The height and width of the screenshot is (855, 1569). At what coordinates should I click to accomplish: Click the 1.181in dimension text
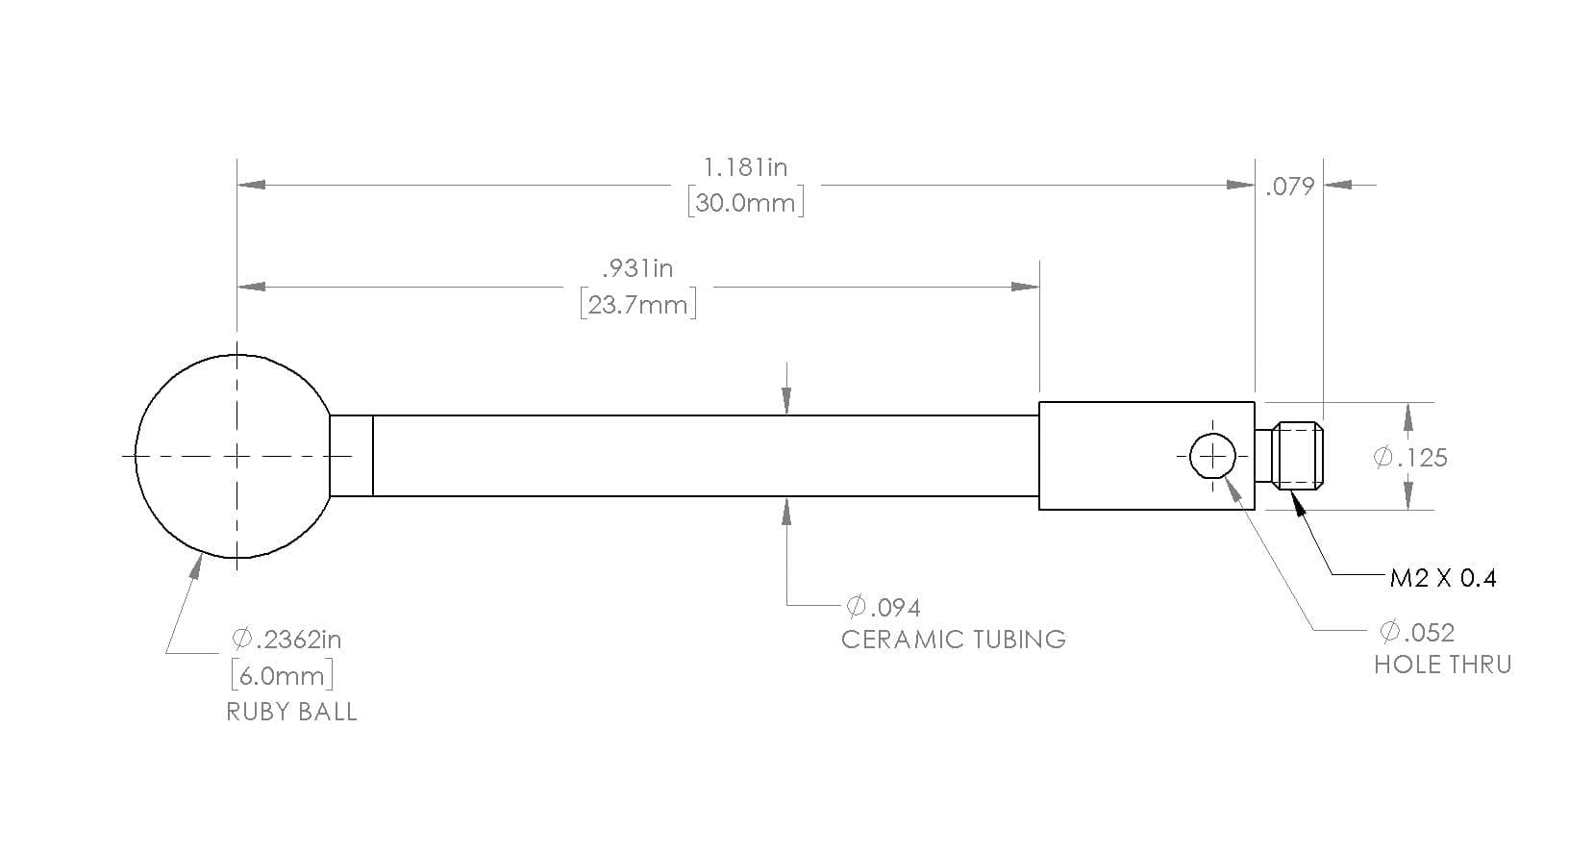pos(745,167)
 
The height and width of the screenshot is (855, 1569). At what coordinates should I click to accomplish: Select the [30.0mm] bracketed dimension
pos(746,203)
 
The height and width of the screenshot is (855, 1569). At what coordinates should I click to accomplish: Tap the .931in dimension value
pos(637,268)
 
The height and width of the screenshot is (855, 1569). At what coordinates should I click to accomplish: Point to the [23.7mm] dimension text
pos(638,305)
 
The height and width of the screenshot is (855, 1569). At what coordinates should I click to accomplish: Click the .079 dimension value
pos(1289,187)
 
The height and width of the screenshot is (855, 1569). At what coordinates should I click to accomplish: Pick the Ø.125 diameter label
pos(1410,458)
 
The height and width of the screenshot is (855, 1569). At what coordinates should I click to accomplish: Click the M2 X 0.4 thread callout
pos(1443,578)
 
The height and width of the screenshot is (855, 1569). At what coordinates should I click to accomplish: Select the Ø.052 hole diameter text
pos(1417,632)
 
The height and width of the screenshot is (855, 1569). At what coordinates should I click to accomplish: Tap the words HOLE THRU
pos(1443,665)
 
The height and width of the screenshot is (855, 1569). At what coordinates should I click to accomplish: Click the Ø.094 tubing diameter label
pos(884,607)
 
